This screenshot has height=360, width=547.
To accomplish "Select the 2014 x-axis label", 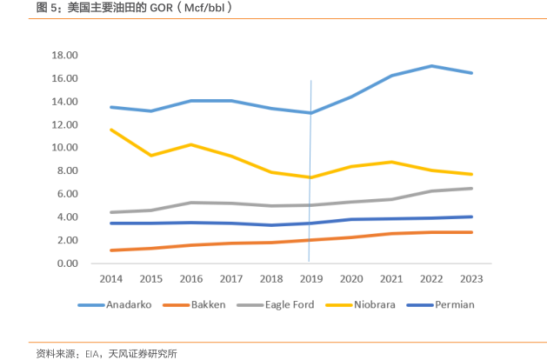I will [x=110, y=278].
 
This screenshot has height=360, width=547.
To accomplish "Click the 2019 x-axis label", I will [x=310, y=278].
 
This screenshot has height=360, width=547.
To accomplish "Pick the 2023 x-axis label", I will [x=470, y=278].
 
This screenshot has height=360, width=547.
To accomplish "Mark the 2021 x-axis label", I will [x=390, y=278].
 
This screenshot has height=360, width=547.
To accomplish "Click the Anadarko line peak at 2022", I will [x=430, y=66].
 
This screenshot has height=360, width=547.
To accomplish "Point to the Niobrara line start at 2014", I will [x=110, y=130].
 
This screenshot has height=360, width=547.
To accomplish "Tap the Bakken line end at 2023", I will [x=470, y=232].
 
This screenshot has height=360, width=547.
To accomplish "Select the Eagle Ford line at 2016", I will [x=190, y=203].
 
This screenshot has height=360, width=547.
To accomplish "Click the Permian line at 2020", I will [x=350, y=219].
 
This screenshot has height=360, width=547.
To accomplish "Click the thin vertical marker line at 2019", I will [x=310, y=174].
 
